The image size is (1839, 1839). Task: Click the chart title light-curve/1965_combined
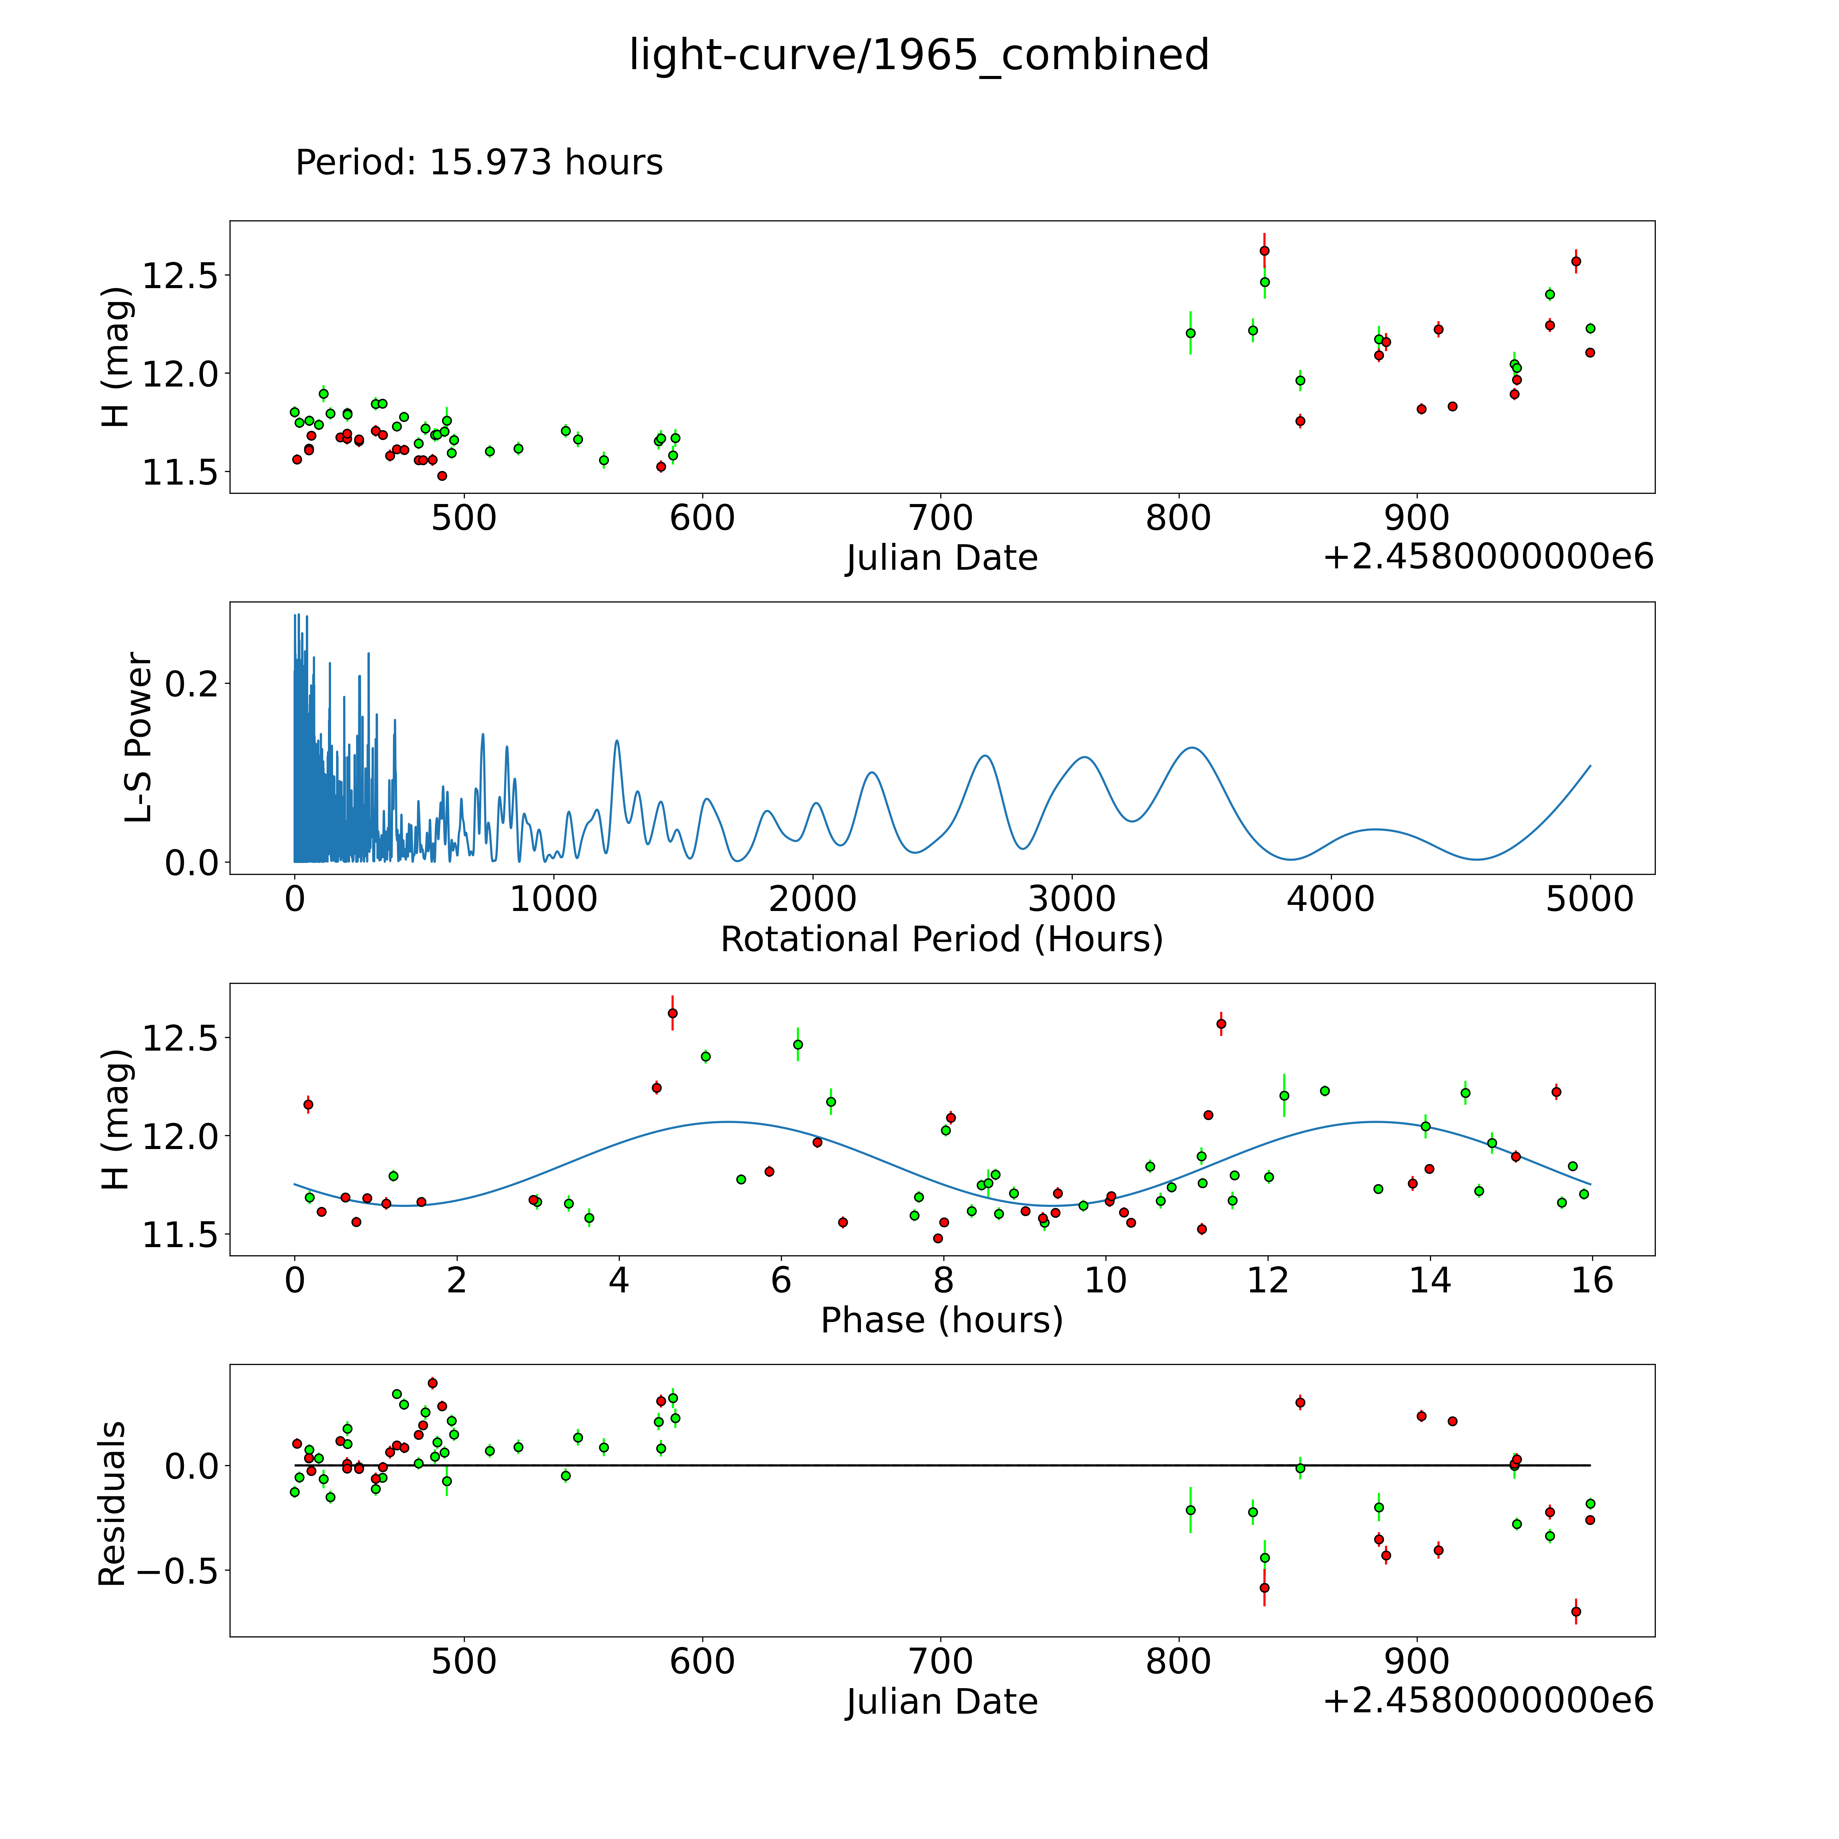pyautogui.click(x=918, y=55)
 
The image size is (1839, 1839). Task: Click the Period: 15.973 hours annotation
pyautogui.click(x=479, y=163)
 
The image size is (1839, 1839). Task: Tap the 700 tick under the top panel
pyautogui.click(x=940, y=519)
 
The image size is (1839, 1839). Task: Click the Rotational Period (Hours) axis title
pyautogui.click(x=941, y=940)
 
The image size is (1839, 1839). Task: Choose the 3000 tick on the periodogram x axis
pyautogui.click(x=1072, y=899)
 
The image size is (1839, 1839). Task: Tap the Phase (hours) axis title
pyautogui.click(x=941, y=1320)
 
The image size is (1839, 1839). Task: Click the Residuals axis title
pyautogui.click(x=112, y=1503)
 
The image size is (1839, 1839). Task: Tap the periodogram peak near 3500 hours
pyautogui.click(x=1191, y=748)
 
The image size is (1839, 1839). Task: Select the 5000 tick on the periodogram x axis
pyautogui.click(x=1590, y=899)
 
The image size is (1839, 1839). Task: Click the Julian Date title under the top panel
pyautogui.click(x=941, y=558)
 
